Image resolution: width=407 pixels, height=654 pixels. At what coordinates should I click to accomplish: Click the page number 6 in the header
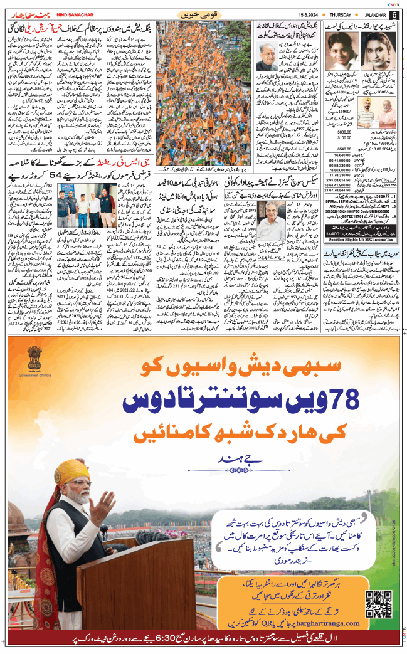[394, 14]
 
